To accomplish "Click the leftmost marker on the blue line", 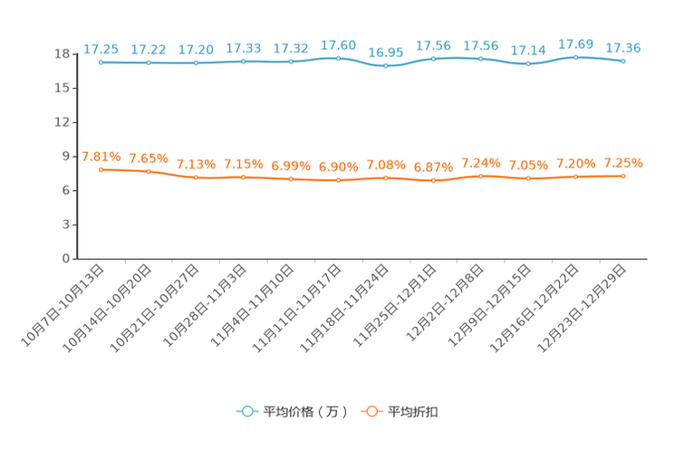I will (x=101, y=62).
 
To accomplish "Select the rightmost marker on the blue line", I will (x=623, y=62).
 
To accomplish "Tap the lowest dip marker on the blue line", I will (x=386, y=65).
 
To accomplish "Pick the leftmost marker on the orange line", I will (x=101, y=169).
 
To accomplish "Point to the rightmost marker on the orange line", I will (x=623, y=176).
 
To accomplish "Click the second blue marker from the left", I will (x=148, y=63).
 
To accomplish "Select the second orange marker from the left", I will (x=148, y=171).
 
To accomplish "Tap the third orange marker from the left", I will (x=196, y=177).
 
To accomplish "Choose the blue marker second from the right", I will (x=575, y=57).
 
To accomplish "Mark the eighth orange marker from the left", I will (x=434, y=181).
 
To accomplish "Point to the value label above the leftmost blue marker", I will (x=101, y=48).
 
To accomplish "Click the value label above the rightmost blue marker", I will (x=623, y=47).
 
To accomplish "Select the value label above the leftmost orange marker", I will (x=101, y=157).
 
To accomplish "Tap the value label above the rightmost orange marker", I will (x=623, y=163).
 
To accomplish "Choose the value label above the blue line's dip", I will (x=386, y=52).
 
